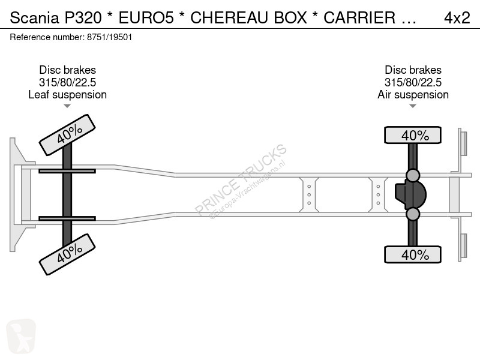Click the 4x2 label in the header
tap(457, 17)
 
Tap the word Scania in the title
tap(34, 17)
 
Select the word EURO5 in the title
tap(146, 17)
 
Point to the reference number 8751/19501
tap(110, 37)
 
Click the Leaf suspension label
tap(67, 95)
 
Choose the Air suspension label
tap(413, 95)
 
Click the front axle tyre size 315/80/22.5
tap(67, 82)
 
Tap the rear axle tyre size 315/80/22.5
tap(413, 82)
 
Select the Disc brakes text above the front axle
tap(67, 70)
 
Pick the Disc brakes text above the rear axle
tap(413, 70)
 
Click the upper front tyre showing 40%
tap(67, 134)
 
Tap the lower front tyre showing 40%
tap(67, 254)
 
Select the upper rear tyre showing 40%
tap(413, 135)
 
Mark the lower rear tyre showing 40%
tap(413, 254)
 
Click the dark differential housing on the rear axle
tap(411, 194)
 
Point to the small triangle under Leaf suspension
tap(67, 106)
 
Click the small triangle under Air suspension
tap(413, 106)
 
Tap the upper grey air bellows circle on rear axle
tap(413, 175)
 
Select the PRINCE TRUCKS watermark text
tap(241, 180)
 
